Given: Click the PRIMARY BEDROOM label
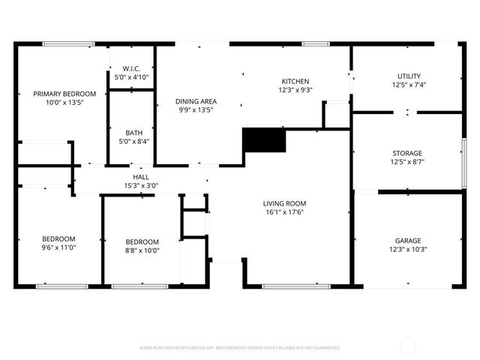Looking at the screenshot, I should click(x=64, y=94).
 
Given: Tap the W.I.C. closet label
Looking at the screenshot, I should click(x=132, y=68).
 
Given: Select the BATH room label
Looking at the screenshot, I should click(x=134, y=132).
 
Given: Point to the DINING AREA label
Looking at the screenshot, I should click(x=196, y=101).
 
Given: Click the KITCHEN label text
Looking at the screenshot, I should click(x=295, y=81).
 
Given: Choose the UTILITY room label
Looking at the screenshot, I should click(x=409, y=76).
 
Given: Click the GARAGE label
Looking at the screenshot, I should click(x=408, y=241).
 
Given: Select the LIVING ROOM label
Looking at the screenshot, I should click(x=284, y=203).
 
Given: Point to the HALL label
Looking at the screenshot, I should click(x=141, y=177).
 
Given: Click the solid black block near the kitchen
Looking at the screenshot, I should click(x=264, y=140).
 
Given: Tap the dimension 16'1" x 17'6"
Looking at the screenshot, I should click(x=284, y=211).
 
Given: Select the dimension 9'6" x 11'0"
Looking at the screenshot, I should click(x=58, y=247).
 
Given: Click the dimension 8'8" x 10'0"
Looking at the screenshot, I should click(x=142, y=250).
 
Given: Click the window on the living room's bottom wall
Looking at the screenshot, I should click(x=295, y=286).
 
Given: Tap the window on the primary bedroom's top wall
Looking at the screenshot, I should click(x=68, y=43).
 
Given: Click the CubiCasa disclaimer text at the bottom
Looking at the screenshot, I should click(x=240, y=348).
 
